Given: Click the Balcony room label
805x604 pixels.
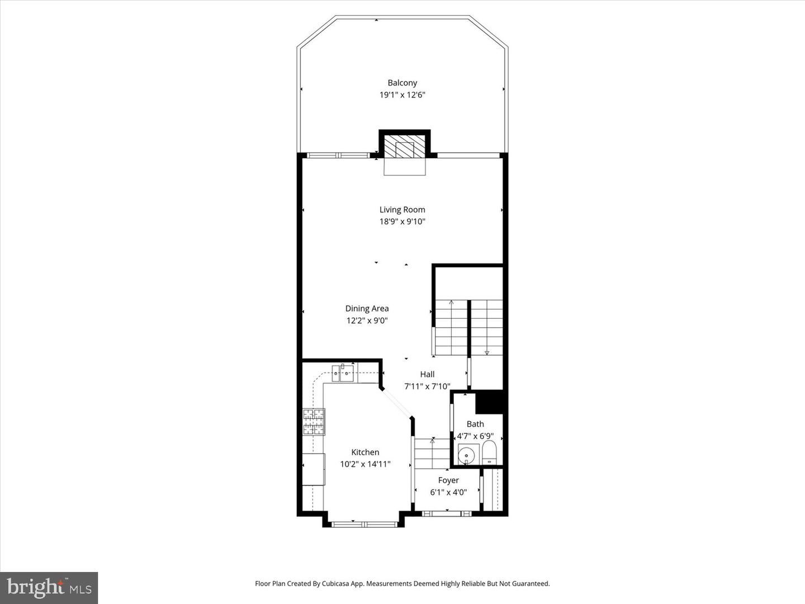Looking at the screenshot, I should [402, 83].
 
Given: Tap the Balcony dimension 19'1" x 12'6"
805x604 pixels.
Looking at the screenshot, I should [402, 95].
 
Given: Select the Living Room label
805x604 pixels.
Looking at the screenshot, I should [402, 210].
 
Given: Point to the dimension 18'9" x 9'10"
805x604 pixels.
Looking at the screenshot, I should [402, 221].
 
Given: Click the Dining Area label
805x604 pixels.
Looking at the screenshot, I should [367, 308].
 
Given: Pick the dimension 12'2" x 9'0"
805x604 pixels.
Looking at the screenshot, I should [367, 320].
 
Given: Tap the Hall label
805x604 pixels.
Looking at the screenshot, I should [427, 374].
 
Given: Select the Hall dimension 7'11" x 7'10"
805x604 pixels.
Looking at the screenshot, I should [427, 386].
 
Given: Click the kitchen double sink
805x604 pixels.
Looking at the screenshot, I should [343, 373].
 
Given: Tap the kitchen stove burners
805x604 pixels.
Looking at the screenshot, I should [314, 422].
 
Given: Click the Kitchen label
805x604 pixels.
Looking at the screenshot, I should [365, 452].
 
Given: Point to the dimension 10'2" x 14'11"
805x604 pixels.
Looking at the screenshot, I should [365, 464].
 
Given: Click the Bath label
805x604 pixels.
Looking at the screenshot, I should [475, 424].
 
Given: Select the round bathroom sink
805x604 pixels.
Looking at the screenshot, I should [467, 455].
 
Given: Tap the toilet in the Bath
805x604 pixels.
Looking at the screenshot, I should [489, 452].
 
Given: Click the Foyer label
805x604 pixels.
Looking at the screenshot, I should [448, 480].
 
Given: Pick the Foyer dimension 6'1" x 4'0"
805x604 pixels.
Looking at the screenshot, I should [448, 493].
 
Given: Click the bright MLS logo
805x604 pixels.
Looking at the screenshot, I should [49, 587].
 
